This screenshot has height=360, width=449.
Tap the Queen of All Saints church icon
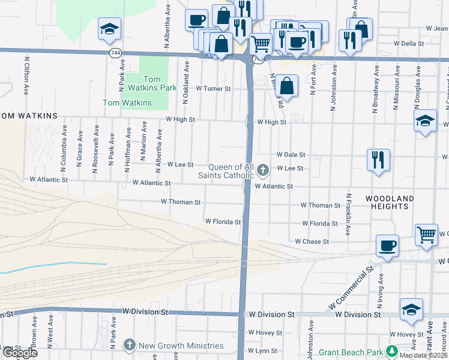pos(262,172)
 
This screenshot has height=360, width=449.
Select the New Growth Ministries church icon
pos(130,345)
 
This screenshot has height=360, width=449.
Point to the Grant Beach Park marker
pos(392,351)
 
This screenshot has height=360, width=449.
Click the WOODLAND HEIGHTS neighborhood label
pos(390,202)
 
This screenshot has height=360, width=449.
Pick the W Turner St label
pos(213,89)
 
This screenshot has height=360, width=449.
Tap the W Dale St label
pos(291,155)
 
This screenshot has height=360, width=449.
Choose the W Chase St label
pos(312,241)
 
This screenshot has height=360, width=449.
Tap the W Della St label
pos(409,44)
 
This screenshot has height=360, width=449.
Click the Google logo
pos(19,353)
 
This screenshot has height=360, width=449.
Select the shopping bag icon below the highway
pos(288,85)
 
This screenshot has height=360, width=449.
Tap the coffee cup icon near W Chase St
pos(387,245)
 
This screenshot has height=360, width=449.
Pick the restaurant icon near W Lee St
pos(378,159)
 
